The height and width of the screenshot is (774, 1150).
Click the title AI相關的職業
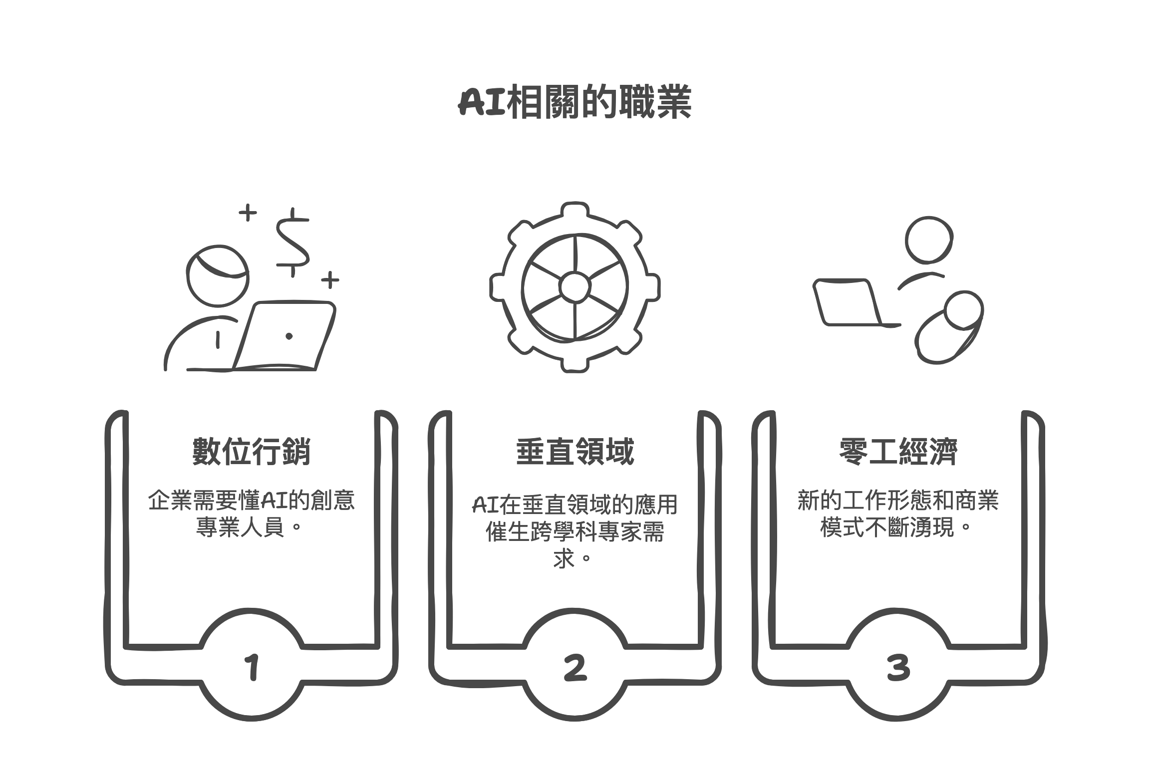click(575, 103)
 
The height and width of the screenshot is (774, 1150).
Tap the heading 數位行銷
click(251, 452)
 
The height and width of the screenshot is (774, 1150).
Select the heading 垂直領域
click(575, 452)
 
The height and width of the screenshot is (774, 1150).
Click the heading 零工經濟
click(898, 452)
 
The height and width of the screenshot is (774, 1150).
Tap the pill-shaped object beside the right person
click(948, 328)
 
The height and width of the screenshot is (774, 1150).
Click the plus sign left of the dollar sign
click(248, 214)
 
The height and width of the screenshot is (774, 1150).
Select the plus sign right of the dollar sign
click(329, 280)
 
